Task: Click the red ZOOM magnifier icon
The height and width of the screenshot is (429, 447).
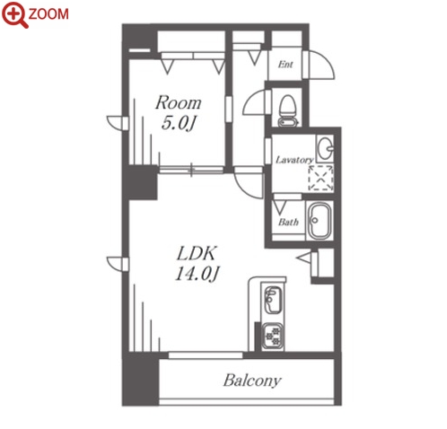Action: (14, 15)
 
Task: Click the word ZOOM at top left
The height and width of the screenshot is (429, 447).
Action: (48, 13)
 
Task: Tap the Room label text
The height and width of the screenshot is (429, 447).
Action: (179, 102)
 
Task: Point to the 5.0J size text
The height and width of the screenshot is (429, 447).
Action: (179, 123)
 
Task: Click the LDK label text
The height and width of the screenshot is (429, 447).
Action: (196, 254)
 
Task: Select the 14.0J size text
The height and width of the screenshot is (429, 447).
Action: (197, 274)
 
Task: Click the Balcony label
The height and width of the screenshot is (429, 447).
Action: (252, 381)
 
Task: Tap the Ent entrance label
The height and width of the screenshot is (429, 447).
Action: (285, 64)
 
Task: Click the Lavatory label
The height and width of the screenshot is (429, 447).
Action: (294, 160)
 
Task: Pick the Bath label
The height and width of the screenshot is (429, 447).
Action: (288, 222)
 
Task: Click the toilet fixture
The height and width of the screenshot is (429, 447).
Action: (288, 110)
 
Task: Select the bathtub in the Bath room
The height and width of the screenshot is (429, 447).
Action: (320, 221)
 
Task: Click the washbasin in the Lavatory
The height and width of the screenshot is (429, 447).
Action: (325, 148)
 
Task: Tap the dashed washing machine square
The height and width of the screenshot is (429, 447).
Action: (320, 178)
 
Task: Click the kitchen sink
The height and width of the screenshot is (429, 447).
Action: (273, 300)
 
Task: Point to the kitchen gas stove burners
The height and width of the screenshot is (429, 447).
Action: (273, 336)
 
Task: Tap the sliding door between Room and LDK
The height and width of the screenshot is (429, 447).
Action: (191, 171)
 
